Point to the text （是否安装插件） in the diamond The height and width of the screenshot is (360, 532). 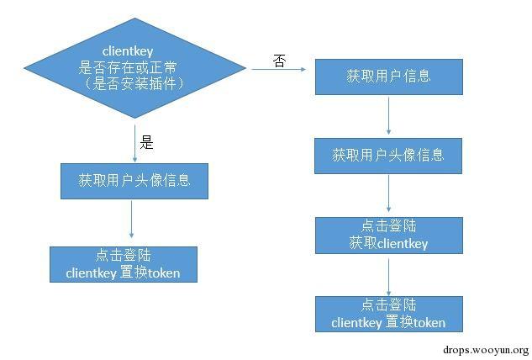[x=136, y=84]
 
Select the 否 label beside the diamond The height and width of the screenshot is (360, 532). [x=281, y=61]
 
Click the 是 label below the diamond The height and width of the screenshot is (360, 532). [x=147, y=142]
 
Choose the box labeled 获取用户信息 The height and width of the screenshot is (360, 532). [x=388, y=77]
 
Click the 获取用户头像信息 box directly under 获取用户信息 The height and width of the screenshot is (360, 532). [x=388, y=155]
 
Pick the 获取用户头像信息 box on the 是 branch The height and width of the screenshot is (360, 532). [x=134, y=180]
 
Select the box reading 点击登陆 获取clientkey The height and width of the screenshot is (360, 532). [x=388, y=236]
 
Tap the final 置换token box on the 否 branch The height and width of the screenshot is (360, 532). [x=388, y=313]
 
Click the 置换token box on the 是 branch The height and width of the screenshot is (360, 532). [x=124, y=263]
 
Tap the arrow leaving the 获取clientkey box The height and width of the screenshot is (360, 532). [x=388, y=275]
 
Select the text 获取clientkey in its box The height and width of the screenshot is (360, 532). [x=388, y=244]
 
